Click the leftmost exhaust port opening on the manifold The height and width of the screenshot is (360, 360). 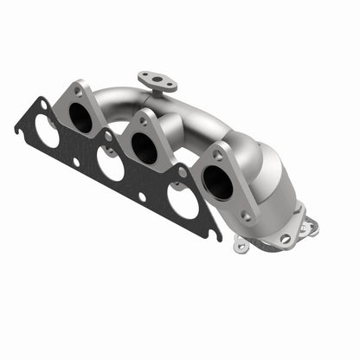pyautogui.click(x=81, y=118)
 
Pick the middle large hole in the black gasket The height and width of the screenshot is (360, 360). pyautogui.click(x=111, y=164)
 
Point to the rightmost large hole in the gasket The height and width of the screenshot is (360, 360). pyautogui.click(x=182, y=201)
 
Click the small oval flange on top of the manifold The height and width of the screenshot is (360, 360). pyautogui.click(x=157, y=81)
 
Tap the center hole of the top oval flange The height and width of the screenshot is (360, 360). pyautogui.click(x=157, y=81)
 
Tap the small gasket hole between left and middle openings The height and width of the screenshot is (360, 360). pyautogui.click(x=76, y=161)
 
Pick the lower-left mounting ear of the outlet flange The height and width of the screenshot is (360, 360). pyautogui.click(x=242, y=247)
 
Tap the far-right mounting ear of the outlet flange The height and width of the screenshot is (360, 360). pyautogui.click(x=310, y=227)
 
